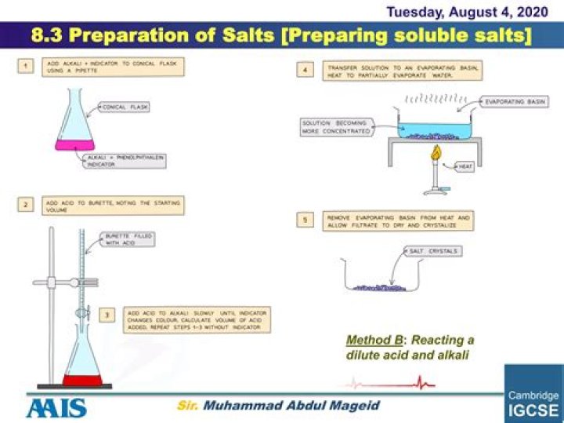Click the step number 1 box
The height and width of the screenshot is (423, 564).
[x=27, y=67]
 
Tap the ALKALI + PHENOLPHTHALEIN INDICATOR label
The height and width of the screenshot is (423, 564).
[x=125, y=161]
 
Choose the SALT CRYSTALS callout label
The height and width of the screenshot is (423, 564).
[x=433, y=251]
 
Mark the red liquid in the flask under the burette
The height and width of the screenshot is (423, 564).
[x=83, y=381]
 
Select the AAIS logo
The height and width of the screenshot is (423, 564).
[x=56, y=407]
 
